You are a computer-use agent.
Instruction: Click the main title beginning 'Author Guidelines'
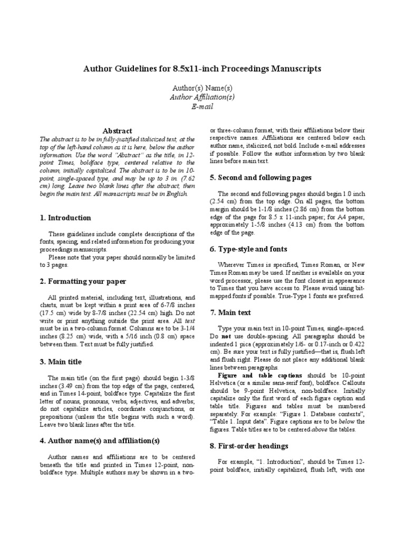(202, 69)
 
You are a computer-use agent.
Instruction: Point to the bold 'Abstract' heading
(117, 131)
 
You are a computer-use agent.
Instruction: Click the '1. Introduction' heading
(65, 218)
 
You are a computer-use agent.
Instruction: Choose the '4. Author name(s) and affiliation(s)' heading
(100, 440)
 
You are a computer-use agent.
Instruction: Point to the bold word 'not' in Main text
(226, 336)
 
